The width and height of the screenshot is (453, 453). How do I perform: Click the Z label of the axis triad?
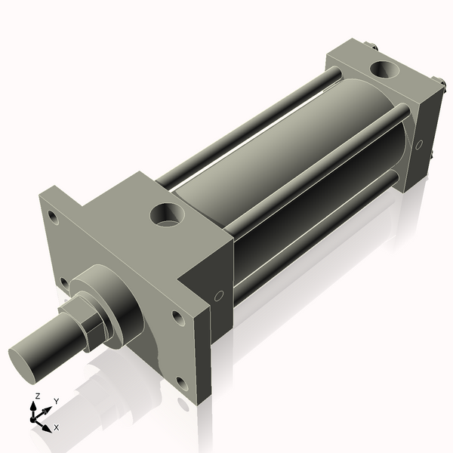[38, 396]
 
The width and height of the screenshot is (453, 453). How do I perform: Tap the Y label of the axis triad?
[57, 401]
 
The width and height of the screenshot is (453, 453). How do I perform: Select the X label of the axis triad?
[57, 427]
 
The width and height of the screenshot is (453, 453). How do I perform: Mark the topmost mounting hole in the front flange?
[52, 217]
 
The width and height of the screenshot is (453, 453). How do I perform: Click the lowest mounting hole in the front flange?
[182, 383]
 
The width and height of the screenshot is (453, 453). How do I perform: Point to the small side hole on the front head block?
[219, 296]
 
